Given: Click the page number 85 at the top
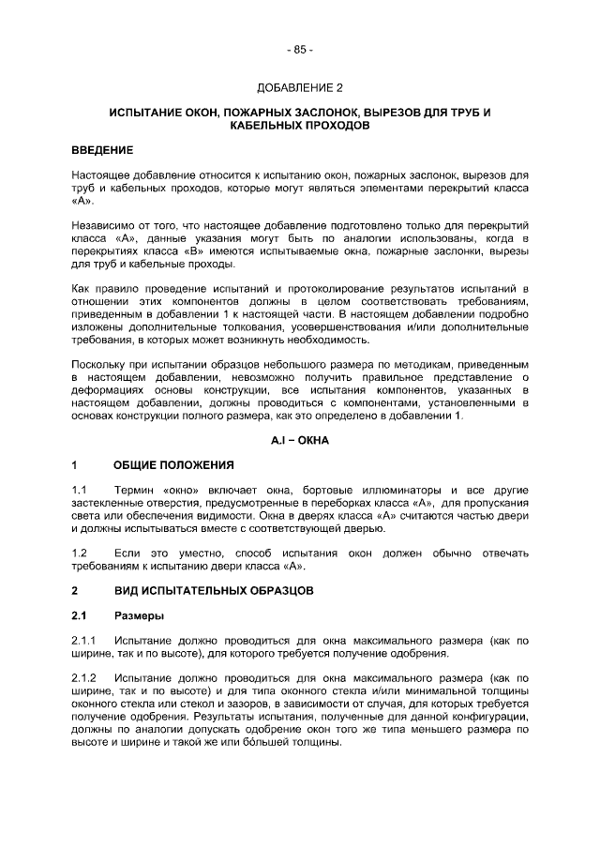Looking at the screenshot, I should tap(300, 49).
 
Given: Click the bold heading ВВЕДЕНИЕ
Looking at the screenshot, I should tap(102, 150).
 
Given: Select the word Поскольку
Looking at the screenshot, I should tap(100, 361).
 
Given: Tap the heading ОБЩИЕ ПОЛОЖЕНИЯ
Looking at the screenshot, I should tap(173, 464).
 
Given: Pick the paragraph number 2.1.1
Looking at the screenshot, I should tap(84, 640).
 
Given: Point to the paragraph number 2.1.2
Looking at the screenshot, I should tap(84, 677).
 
